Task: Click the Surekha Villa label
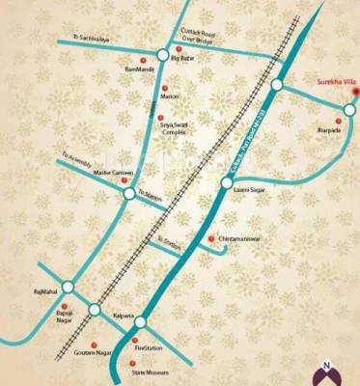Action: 333,81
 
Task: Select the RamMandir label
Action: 140,70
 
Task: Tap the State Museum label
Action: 150,372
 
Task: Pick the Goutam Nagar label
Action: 88,354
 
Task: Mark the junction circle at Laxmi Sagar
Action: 226,180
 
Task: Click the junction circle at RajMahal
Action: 68,287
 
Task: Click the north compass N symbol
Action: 326,368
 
